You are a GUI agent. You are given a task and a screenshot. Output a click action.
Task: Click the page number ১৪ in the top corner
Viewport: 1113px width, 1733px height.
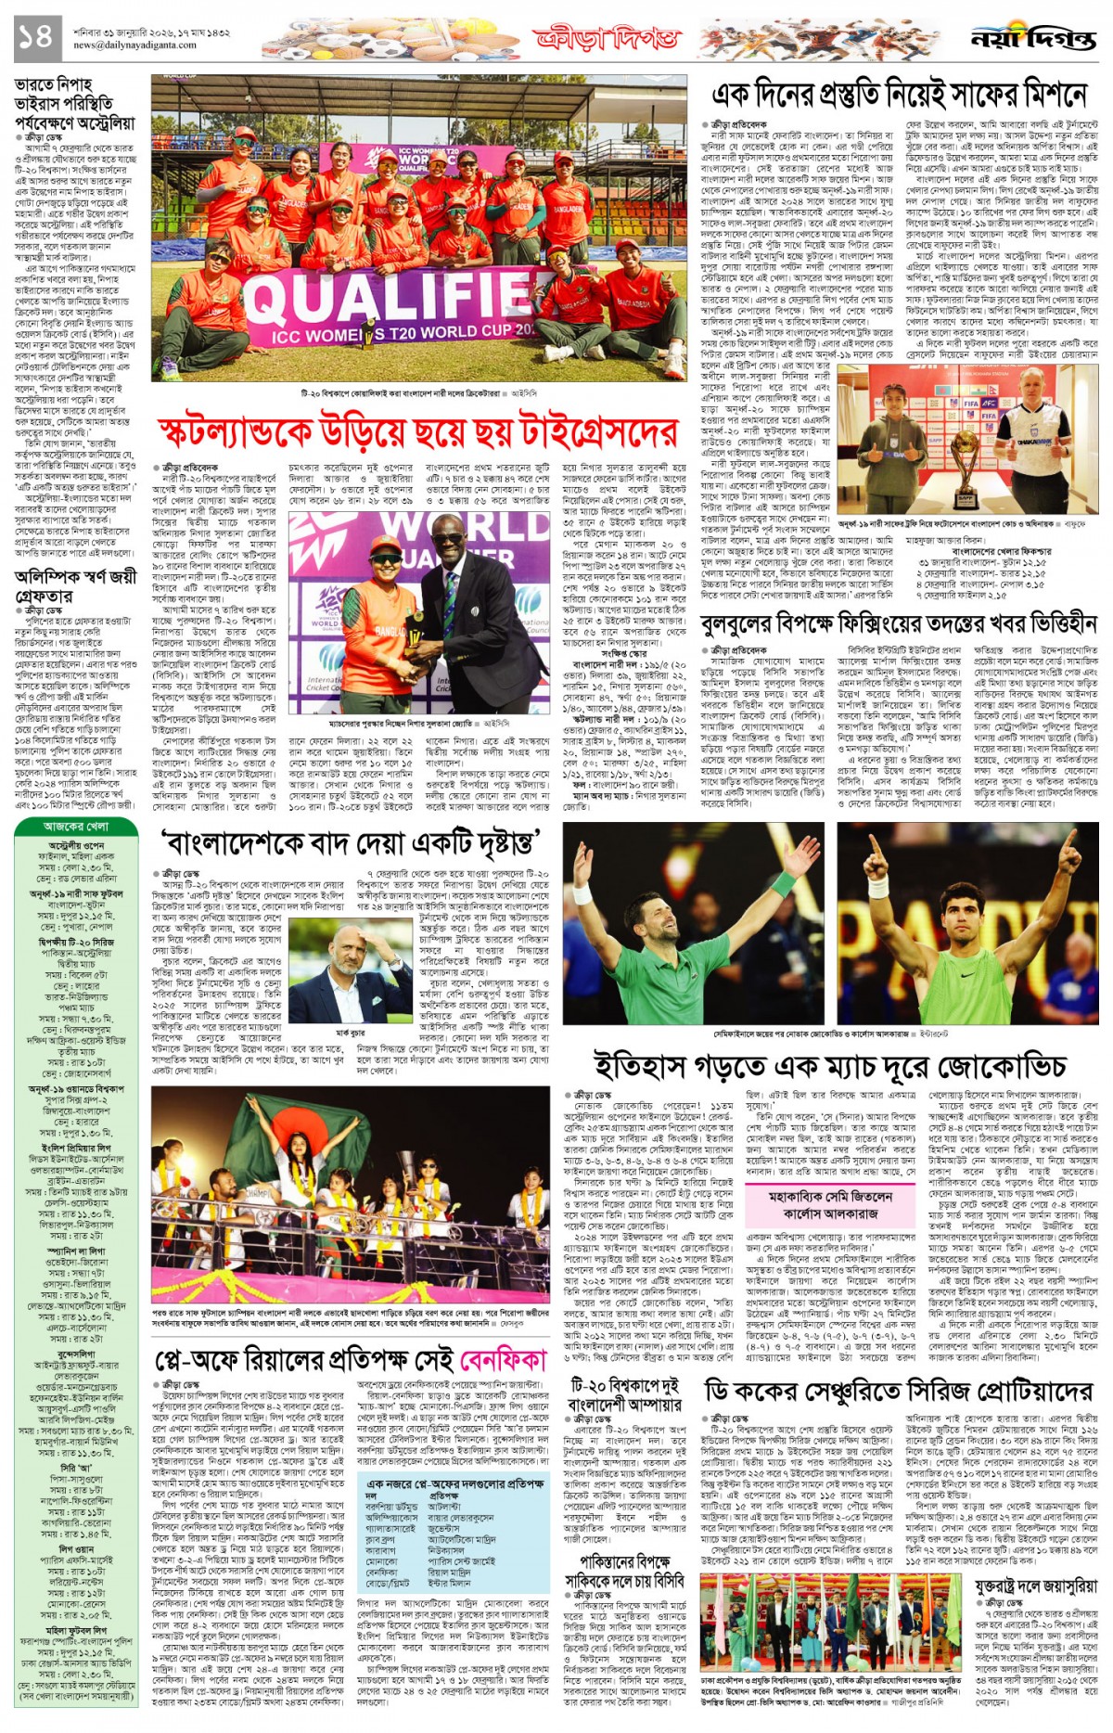tap(36, 39)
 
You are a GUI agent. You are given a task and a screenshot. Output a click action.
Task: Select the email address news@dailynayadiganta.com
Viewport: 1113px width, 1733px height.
tap(135, 45)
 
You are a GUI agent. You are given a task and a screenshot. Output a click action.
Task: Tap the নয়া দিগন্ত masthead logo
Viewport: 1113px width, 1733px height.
tap(1032, 40)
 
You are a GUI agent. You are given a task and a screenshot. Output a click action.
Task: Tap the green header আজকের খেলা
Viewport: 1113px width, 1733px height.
tap(76, 825)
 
